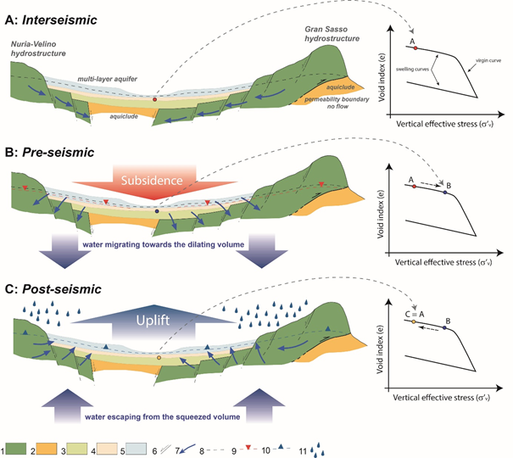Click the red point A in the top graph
coord(415,48)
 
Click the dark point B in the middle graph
coord(444,193)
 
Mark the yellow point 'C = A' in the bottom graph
coord(413,322)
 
